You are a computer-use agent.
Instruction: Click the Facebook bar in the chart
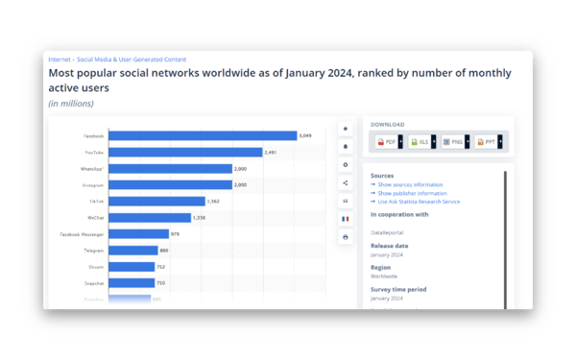[x=203, y=135]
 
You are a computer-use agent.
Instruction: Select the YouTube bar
[x=185, y=152]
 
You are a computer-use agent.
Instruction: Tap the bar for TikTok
[x=157, y=201]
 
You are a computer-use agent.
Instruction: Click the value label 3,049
[x=306, y=135]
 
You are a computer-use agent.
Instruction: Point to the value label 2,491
[x=272, y=152]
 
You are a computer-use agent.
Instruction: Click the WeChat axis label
[x=95, y=217]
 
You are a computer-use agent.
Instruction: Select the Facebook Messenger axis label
[x=82, y=233]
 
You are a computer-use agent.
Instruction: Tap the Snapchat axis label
[x=93, y=282]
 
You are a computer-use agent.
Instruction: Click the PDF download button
[x=387, y=142]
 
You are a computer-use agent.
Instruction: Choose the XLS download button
[x=420, y=142]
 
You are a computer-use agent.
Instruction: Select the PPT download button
[x=485, y=142]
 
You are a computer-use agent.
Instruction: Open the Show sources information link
[x=410, y=184]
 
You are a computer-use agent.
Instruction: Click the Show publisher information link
[x=413, y=193]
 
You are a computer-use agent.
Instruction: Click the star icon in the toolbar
[x=346, y=129]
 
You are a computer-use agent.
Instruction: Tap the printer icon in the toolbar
[x=346, y=237]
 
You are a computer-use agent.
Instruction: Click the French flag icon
[x=346, y=219]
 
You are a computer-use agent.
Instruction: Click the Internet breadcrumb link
[x=60, y=60]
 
